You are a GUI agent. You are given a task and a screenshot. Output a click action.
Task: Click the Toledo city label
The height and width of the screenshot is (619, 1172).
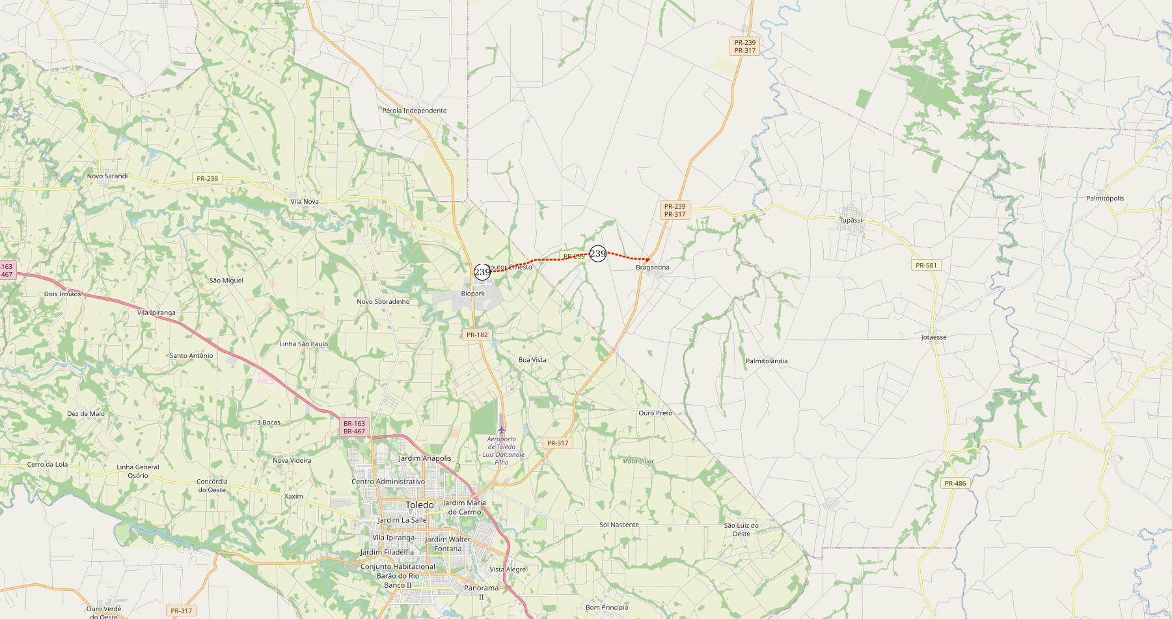click(420, 505)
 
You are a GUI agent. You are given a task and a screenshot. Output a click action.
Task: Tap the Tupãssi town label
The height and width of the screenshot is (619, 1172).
click(851, 220)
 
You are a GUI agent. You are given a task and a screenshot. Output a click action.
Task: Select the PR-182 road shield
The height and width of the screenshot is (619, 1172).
click(477, 335)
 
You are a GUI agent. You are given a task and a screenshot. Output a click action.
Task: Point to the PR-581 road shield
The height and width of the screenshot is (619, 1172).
click(926, 265)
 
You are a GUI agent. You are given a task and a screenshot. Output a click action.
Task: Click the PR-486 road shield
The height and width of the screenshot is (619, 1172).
click(955, 483)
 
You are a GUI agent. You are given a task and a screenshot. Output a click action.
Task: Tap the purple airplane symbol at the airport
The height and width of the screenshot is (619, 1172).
click(502, 430)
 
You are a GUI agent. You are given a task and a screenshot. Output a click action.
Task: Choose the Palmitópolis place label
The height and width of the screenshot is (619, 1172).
click(1105, 199)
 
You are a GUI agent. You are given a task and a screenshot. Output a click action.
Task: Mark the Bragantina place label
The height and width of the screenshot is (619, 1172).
click(653, 268)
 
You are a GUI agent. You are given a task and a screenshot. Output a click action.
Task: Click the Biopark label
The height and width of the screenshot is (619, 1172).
click(473, 294)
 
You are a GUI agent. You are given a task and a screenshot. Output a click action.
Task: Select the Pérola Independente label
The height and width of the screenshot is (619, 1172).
click(415, 111)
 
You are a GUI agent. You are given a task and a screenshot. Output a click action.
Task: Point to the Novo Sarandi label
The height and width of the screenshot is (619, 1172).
click(107, 176)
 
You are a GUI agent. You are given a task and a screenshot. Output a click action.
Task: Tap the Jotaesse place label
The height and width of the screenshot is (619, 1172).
click(934, 337)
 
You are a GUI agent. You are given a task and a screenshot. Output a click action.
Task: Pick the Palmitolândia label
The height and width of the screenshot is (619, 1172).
click(767, 361)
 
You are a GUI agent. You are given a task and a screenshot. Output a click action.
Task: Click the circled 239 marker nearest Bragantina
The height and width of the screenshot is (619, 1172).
click(598, 254)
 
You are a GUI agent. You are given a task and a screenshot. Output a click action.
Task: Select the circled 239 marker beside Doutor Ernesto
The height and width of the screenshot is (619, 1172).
click(482, 272)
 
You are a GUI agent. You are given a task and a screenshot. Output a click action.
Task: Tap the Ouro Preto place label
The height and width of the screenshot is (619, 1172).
click(655, 413)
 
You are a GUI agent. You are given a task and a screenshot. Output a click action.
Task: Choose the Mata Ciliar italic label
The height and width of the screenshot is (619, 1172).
click(638, 461)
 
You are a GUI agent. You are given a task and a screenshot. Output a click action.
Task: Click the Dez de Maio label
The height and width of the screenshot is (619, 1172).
click(86, 414)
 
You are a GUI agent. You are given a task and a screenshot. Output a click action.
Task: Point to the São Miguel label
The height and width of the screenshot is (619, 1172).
click(226, 281)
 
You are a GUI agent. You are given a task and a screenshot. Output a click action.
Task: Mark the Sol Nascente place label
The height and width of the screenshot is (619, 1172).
click(619, 525)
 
